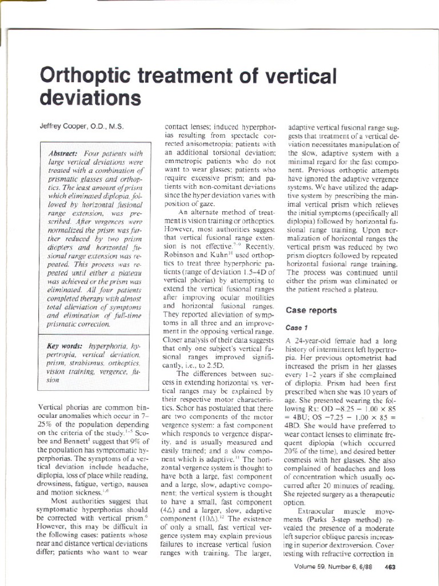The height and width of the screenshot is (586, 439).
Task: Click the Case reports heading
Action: [x=311, y=310]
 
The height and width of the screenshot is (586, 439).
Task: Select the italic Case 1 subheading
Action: [x=297, y=328]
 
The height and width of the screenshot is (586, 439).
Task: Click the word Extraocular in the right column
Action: [x=319, y=509]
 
